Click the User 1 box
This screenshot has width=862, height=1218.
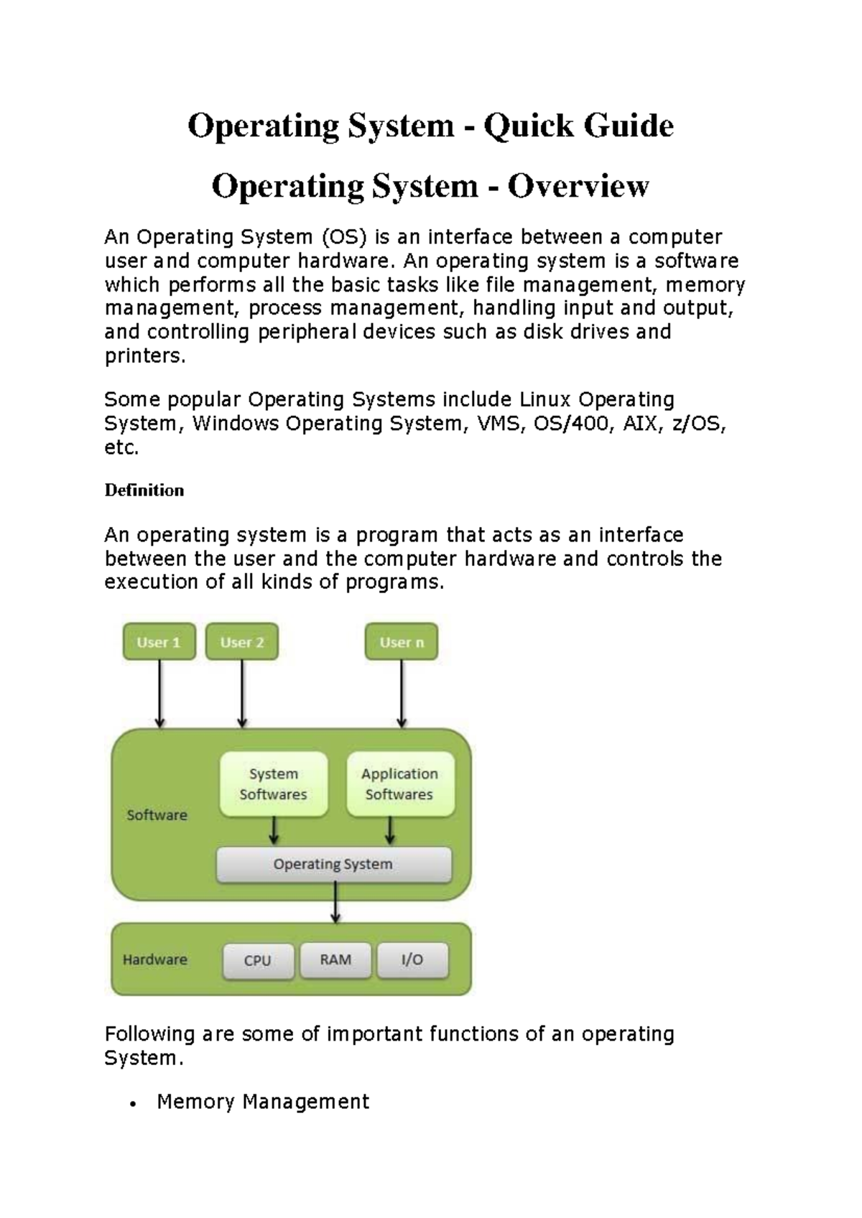tap(159, 642)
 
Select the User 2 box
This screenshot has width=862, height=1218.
tap(242, 642)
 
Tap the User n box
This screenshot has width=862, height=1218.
tap(402, 642)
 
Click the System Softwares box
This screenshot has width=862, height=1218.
tap(273, 784)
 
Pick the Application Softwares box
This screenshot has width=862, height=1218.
tap(399, 784)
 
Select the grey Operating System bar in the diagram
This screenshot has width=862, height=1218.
tap(333, 865)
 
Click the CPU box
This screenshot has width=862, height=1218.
tap(258, 961)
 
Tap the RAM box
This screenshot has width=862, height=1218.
tap(335, 960)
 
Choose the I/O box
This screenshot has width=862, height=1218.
tap(412, 960)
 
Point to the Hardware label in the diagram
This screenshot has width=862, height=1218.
tap(155, 960)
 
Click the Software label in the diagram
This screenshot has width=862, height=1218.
tap(157, 815)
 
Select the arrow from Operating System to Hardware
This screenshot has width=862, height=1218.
tap(335, 903)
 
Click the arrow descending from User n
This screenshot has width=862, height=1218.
tap(402, 694)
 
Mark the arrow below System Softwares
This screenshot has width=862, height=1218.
tap(274, 832)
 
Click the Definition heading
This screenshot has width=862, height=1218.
tap(144, 491)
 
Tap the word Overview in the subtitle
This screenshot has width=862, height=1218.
tap(578, 187)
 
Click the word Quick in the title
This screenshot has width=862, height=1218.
tap(529, 126)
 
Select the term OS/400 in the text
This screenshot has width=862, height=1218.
tap(575, 424)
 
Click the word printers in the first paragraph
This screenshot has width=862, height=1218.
tap(143, 356)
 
